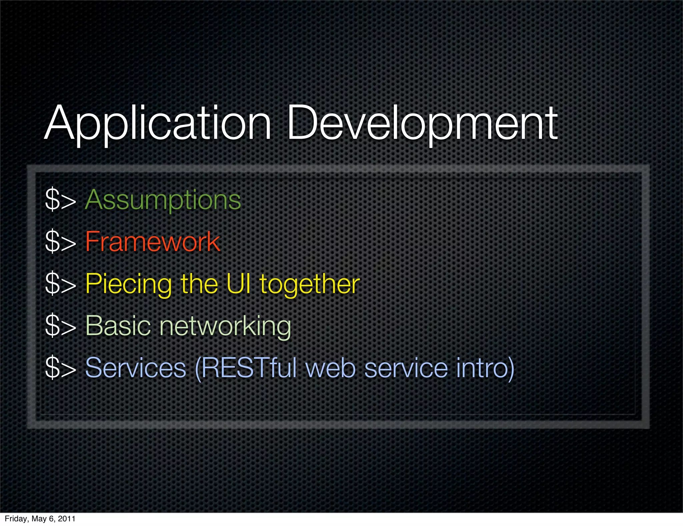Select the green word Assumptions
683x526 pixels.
(163, 200)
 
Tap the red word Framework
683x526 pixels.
(152, 242)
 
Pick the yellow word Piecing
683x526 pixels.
(128, 284)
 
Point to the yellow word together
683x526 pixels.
(309, 285)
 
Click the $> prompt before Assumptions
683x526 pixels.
(60, 200)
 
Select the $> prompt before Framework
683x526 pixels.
(60, 242)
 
